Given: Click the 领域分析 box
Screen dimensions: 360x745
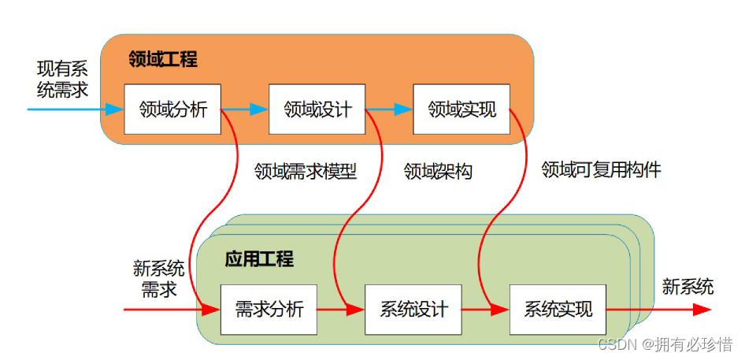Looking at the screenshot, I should [172, 109].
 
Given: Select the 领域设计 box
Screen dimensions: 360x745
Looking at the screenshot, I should [317, 109].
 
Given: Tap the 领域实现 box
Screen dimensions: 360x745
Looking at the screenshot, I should [462, 109].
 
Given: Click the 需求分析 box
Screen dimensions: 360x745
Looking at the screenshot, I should [269, 310].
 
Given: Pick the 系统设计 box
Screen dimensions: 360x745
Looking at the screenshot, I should [413, 310].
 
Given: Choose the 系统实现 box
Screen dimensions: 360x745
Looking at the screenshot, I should [558, 310].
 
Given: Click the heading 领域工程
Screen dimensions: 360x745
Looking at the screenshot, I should [163, 59].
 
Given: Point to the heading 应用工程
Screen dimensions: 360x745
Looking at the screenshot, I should [259, 259].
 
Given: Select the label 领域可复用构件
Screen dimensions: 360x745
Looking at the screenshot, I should [601, 169].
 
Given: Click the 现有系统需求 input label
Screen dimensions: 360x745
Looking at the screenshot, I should [62, 80].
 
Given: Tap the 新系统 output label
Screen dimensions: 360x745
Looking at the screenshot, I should [688, 287].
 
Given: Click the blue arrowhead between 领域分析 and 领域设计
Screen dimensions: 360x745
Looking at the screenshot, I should [259, 109].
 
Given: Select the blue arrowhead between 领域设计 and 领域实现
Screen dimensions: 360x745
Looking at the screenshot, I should [404, 109].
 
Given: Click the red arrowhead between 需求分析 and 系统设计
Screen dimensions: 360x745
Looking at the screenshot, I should [355, 310].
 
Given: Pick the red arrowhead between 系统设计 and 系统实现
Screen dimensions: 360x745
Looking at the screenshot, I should [500, 310].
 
